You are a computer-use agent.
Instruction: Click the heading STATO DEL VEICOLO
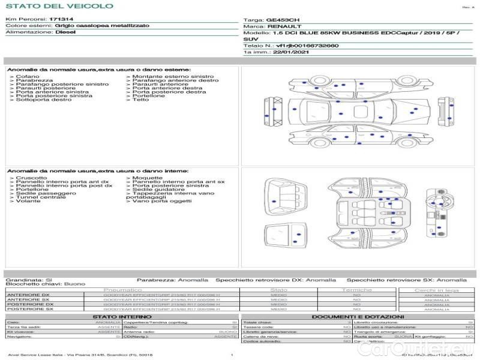pyautogui.click(x=59, y=6)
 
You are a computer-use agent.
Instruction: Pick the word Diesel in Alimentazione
pyautogui.click(x=65, y=32)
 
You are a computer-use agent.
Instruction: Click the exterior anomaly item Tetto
pyautogui.click(x=140, y=100)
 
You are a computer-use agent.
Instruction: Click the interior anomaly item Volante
pyautogui.click(x=28, y=200)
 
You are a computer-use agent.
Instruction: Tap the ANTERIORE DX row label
pyautogui.click(x=28, y=295)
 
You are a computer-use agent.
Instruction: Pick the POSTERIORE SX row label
pyautogui.click(x=29, y=309)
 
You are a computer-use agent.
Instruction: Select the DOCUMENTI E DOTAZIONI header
pyautogui.click(x=358, y=317)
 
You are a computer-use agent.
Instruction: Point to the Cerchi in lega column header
pyautogui.click(x=436, y=290)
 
